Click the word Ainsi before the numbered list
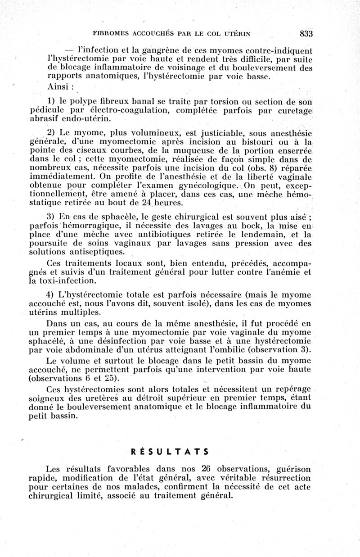point(58,87)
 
